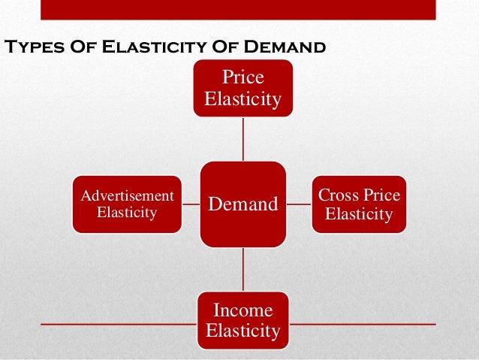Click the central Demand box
coord(243,204)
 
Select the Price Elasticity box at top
coord(243,89)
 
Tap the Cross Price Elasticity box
coord(359,204)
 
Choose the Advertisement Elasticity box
coord(127,204)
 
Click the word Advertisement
coord(127,196)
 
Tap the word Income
coord(243,310)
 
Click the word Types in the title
coord(33,47)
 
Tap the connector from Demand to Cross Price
coord(299,204)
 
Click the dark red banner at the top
coord(237,9)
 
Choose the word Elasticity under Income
coord(243,330)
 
